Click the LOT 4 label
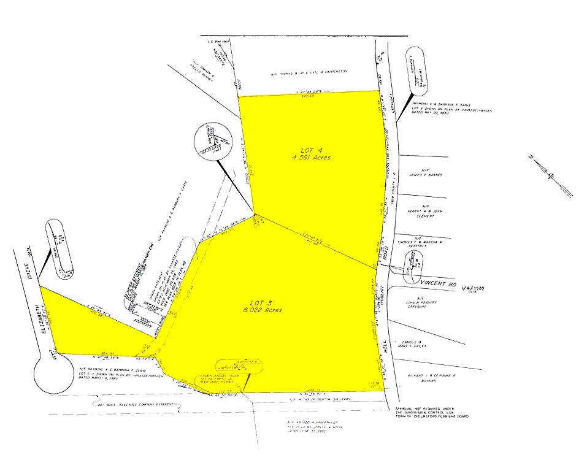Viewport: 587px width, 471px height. (311, 150)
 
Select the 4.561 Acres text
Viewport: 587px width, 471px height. (311, 158)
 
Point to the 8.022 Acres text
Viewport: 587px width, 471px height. (265, 310)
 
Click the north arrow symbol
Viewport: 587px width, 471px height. (550, 176)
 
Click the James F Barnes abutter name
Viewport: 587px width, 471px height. (425, 174)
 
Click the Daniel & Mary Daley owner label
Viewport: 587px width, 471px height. (418, 343)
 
